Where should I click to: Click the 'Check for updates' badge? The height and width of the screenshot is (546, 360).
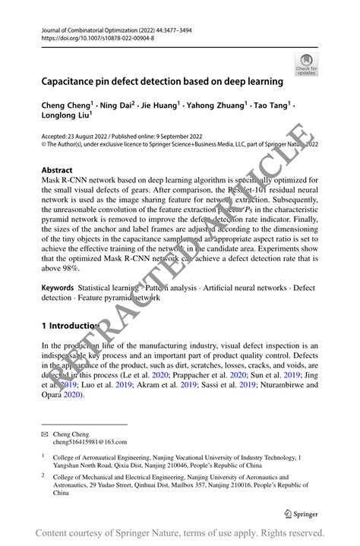(305, 65)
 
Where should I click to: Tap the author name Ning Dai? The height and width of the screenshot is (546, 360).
(116, 105)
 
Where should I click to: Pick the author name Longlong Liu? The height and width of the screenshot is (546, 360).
(66, 116)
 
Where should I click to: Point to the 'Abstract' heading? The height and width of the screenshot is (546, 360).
(58, 170)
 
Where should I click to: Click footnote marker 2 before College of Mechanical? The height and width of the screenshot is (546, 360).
(44, 476)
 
